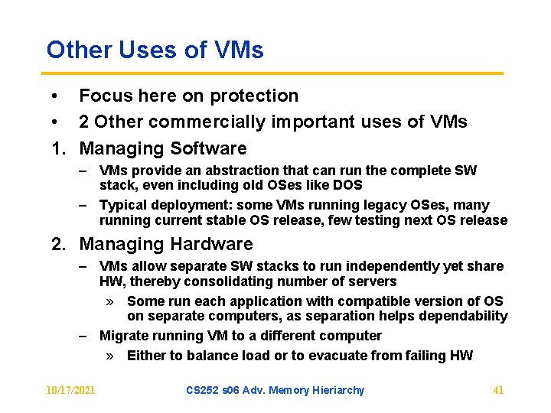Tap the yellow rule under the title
click(275, 73)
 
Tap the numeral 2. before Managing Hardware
click(59, 245)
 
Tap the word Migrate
click(122, 336)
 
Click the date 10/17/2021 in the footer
click(70, 391)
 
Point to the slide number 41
click(498, 391)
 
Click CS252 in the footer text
click(204, 391)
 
